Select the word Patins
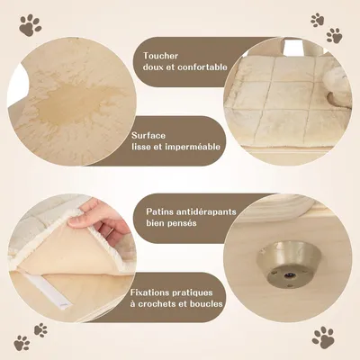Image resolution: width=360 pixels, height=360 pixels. pyautogui.click(x=158, y=213)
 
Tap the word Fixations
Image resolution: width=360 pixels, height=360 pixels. pyautogui.click(x=149, y=292)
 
